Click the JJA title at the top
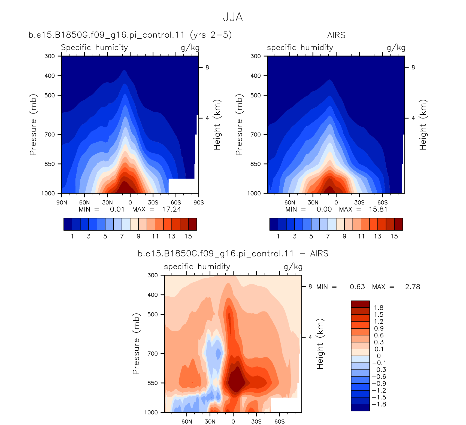[233, 17]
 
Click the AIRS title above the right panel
[336, 35]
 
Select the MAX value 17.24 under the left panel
[172, 209]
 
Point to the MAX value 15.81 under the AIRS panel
[378, 209]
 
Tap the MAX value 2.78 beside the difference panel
[413, 287]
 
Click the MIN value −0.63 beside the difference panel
[355, 287]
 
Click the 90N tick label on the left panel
[62, 203]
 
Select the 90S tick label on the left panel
[199, 203]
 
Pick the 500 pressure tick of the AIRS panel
[256, 95]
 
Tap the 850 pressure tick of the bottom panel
[153, 383]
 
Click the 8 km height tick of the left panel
[207, 67]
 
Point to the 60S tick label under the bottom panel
[280, 421]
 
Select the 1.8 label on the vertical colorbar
[379, 308]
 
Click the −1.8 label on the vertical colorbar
[379, 404]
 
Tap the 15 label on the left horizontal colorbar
[188, 236]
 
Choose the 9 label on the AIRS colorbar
[344, 236]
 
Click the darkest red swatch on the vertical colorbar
[360, 304]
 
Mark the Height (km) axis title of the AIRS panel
[423, 125]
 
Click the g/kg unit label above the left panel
[190, 48]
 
